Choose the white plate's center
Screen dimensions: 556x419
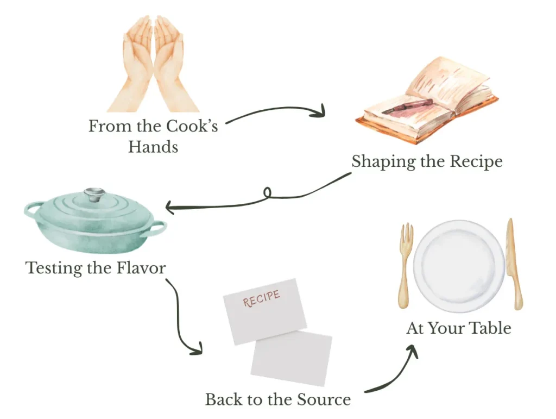point(459,266)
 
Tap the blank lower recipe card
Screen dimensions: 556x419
point(292,359)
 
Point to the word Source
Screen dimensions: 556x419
point(324,400)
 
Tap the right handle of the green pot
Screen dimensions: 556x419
point(157,228)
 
